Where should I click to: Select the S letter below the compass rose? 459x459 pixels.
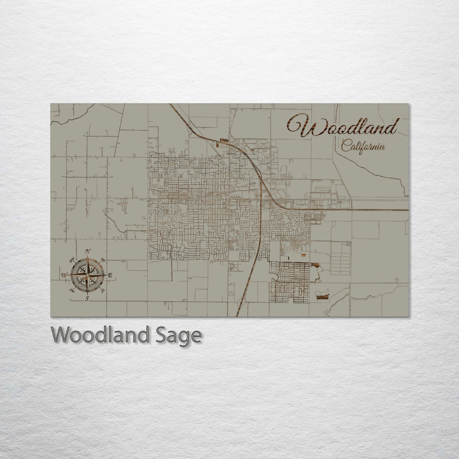[x=87, y=298]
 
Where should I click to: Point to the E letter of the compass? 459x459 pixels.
[x=110, y=275]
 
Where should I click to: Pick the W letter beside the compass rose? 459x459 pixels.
[x=64, y=275]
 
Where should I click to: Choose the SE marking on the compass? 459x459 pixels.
[x=103, y=291]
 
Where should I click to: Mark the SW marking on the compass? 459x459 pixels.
[x=72, y=290]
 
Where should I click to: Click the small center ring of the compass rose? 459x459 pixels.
[x=87, y=275]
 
